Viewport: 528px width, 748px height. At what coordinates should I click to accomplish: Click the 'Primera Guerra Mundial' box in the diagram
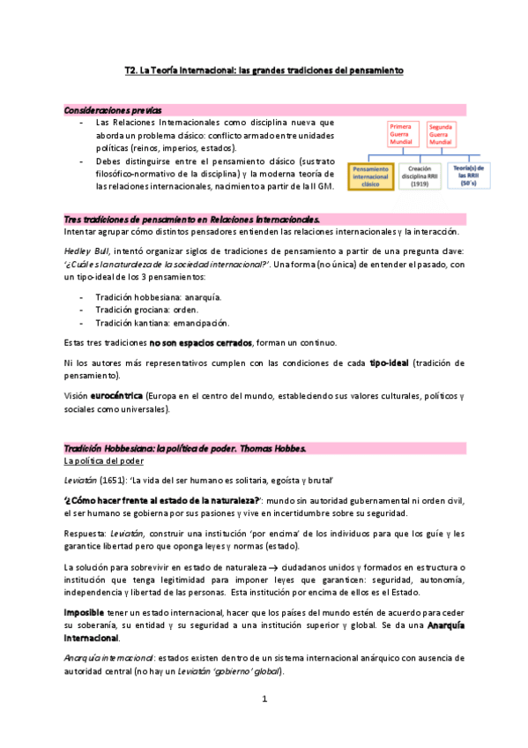click(401, 134)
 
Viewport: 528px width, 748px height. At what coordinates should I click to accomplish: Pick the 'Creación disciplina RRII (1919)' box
click(418, 174)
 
